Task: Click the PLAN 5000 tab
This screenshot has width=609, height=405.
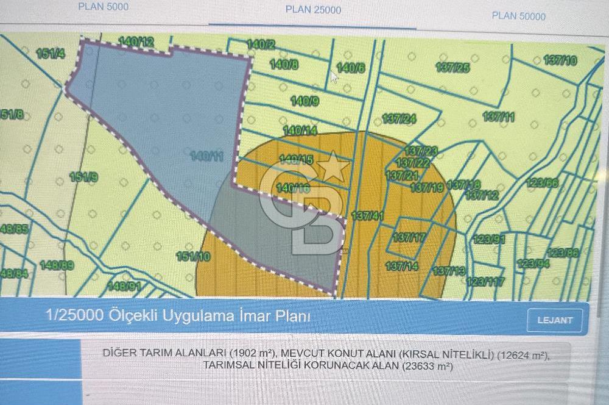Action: click(x=104, y=7)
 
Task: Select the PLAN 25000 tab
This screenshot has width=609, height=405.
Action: click(x=313, y=10)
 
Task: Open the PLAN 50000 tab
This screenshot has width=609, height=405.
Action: click(x=519, y=16)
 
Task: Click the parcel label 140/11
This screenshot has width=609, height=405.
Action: click(x=206, y=156)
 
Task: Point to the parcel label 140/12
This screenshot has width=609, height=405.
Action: click(x=136, y=42)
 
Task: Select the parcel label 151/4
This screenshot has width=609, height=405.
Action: click(x=50, y=54)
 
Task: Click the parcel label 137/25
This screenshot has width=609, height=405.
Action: click(x=453, y=67)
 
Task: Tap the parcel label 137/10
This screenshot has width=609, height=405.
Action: click(x=560, y=60)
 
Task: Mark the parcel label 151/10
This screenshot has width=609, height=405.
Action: click(x=193, y=257)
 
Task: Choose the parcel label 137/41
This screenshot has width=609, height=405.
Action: click(x=367, y=216)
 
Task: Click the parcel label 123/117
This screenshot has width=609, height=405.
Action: click(x=485, y=281)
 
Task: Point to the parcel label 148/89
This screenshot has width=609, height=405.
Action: click(x=57, y=265)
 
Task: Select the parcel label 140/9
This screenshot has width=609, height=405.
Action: click(x=304, y=101)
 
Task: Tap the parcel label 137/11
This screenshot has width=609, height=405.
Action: click(x=499, y=116)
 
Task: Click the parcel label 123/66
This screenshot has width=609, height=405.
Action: click(x=542, y=183)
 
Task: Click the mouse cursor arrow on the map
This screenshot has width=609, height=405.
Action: click(x=334, y=77)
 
